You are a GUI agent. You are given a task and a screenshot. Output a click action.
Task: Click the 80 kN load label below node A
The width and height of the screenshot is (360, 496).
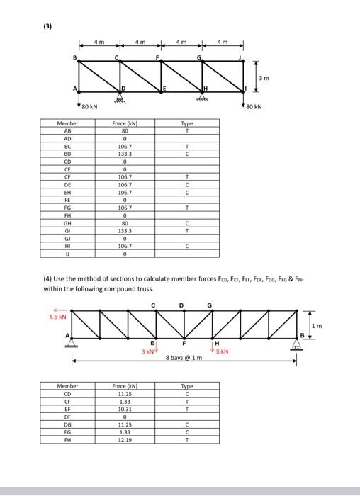pos(89,107)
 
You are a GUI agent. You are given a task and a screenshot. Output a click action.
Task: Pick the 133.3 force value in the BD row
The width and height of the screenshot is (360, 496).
pos(124,152)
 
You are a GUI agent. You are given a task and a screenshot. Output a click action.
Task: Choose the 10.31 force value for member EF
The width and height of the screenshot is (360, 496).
pos(124,410)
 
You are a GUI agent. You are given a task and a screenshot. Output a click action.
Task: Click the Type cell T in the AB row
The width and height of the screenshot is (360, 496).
pos(186,131)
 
